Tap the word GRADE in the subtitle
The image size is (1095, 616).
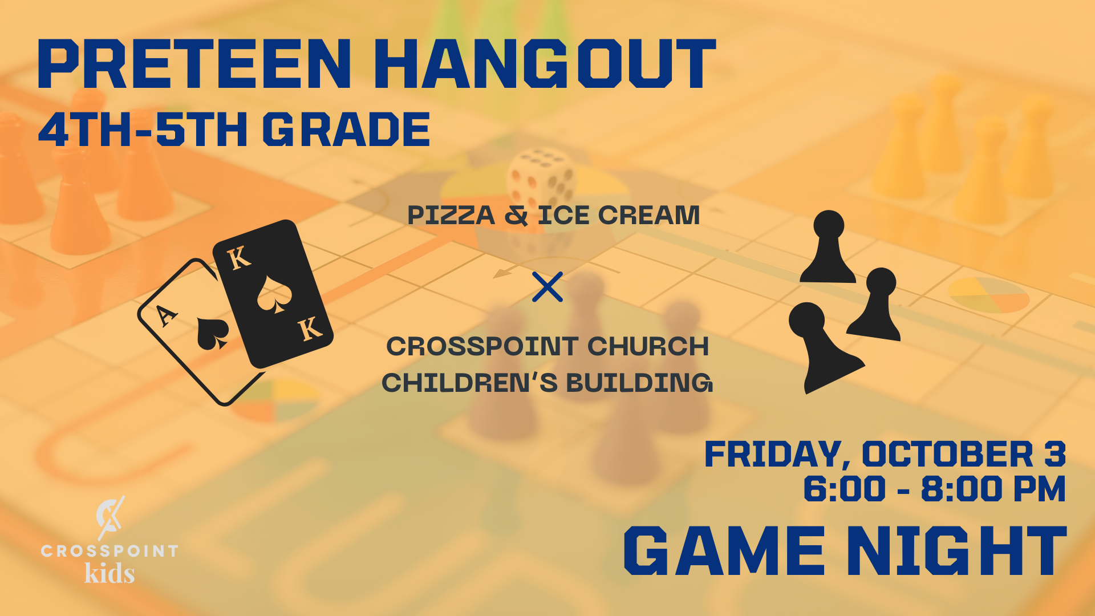[346, 129]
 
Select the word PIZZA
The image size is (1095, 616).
[451, 215]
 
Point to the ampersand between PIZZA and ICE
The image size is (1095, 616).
[516, 215]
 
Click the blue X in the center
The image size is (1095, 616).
[547, 286]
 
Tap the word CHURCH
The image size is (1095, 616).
[648, 346]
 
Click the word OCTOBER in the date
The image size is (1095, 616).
[948, 454]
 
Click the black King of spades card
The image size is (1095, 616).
[273, 294]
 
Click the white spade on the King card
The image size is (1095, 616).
[274, 294]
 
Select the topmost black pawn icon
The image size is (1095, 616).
[828, 246]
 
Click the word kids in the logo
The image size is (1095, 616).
[109, 573]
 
